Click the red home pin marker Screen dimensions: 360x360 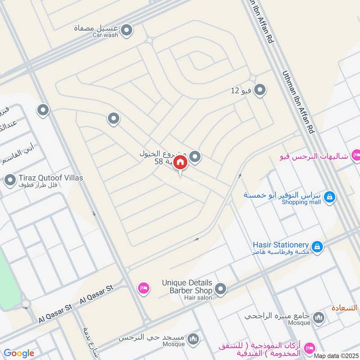[180, 162]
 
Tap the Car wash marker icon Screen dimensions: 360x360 [127, 30]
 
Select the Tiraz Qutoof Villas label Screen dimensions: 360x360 [51, 178]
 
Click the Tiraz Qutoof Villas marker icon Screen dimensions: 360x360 [10, 180]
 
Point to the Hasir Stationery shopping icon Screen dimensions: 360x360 [317, 246]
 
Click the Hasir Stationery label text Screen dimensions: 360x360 [280, 244]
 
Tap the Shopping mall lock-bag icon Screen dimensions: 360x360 [329, 197]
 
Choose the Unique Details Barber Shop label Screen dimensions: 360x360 [187, 286]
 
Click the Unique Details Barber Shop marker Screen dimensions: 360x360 [220, 289]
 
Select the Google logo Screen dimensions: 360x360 [19, 353]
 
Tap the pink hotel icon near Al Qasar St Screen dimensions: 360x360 [144, 287]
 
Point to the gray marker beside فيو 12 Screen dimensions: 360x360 [259, 90]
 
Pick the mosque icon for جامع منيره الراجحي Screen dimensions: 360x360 [319, 318]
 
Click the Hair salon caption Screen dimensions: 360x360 [198, 298]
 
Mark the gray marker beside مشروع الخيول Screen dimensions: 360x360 [194, 157]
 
